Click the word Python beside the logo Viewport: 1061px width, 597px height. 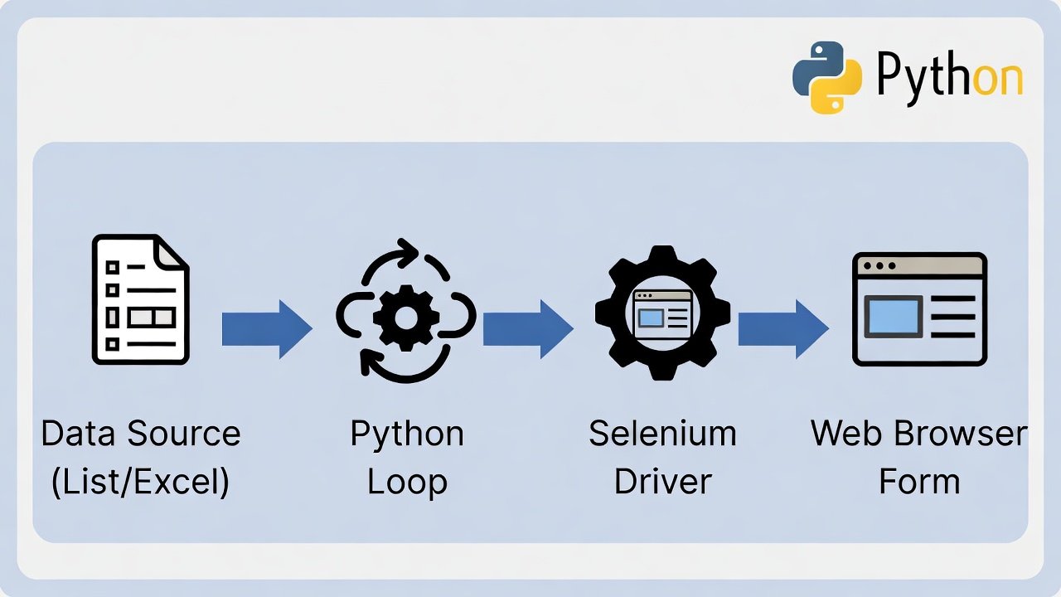(x=949, y=78)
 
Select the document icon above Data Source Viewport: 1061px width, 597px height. (x=140, y=299)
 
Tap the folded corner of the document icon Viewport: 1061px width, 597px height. (x=172, y=252)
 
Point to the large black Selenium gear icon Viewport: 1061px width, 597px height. (x=662, y=313)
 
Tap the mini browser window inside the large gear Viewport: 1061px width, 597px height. (x=662, y=313)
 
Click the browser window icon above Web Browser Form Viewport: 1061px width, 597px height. (x=919, y=309)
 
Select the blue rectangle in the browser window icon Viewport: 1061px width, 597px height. (x=893, y=317)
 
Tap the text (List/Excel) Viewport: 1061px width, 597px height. (x=140, y=482)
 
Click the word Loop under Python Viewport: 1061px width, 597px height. (x=407, y=482)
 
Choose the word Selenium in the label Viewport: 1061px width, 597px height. (x=662, y=434)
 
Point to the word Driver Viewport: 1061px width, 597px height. (x=662, y=482)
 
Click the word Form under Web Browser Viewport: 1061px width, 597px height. (x=919, y=482)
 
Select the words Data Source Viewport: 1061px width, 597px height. (x=140, y=434)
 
